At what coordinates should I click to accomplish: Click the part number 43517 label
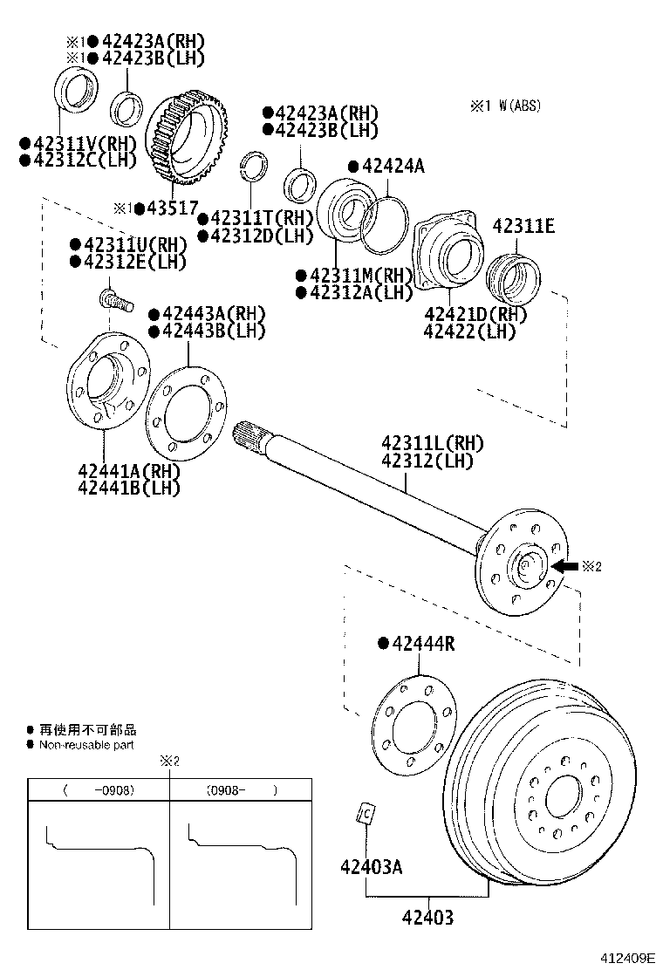pyautogui.click(x=170, y=209)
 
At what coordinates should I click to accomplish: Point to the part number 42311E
pyautogui.click(x=523, y=226)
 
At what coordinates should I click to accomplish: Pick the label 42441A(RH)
pyautogui.click(x=128, y=471)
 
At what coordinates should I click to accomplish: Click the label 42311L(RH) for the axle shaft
pyautogui.click(x=432, y=443)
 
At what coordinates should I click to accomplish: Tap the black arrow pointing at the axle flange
pyautogui.click(x=565, y=566)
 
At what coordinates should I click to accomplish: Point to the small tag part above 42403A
pyautogui.click(x=366, y=813)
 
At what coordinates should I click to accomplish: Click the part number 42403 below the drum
pyautogui.click(x=427, y=918)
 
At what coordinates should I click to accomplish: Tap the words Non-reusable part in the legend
pyautogui.click(x=86, y=745)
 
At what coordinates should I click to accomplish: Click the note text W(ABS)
pyautogui.click(x=519, y=106)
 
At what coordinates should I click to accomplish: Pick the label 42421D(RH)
pyautogui.click(x=475, y=314)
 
